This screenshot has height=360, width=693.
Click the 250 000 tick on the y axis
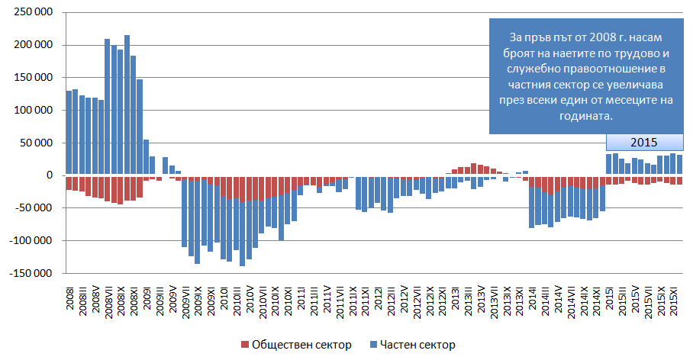click(x=31, y=13)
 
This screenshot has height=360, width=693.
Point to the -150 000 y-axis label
click(x=30, y=273)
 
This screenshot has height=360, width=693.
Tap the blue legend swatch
click(x=373, y=346)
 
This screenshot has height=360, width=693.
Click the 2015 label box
click(x=643, y=143)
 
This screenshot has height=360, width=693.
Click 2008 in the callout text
click(x=598, y=37)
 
